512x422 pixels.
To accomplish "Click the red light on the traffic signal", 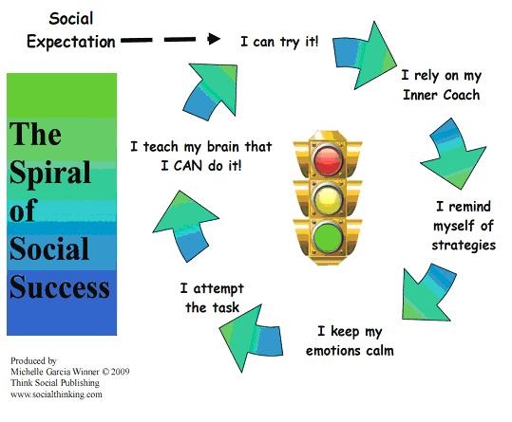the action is [328, 159].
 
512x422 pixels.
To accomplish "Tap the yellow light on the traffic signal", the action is [328, 198].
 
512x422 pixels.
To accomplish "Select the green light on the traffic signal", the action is [328, 237].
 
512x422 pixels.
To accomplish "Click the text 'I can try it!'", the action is [279, 42].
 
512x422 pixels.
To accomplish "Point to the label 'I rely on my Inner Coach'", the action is [442, 85].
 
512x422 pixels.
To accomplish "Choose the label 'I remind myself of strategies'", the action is [464, 226].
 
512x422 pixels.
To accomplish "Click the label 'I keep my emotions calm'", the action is [350, 341].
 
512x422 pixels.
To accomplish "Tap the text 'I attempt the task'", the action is [212, 298].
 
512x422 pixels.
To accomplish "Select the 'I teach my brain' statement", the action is [201, 156].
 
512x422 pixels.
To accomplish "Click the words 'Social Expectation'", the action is [71, 30].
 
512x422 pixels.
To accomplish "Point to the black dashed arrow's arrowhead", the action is [214, 39].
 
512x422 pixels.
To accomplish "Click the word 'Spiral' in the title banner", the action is [50, 172].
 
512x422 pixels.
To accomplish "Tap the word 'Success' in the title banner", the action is [60, 286].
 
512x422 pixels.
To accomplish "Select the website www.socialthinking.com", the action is [56, 394].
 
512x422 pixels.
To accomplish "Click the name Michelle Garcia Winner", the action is [55, 372].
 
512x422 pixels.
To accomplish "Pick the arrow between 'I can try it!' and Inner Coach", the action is [365, 55].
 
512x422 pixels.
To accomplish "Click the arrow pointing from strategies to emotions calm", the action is [429, 292].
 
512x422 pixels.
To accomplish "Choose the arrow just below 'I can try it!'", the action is [211, 91].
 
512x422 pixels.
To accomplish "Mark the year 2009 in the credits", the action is [120, 372].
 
